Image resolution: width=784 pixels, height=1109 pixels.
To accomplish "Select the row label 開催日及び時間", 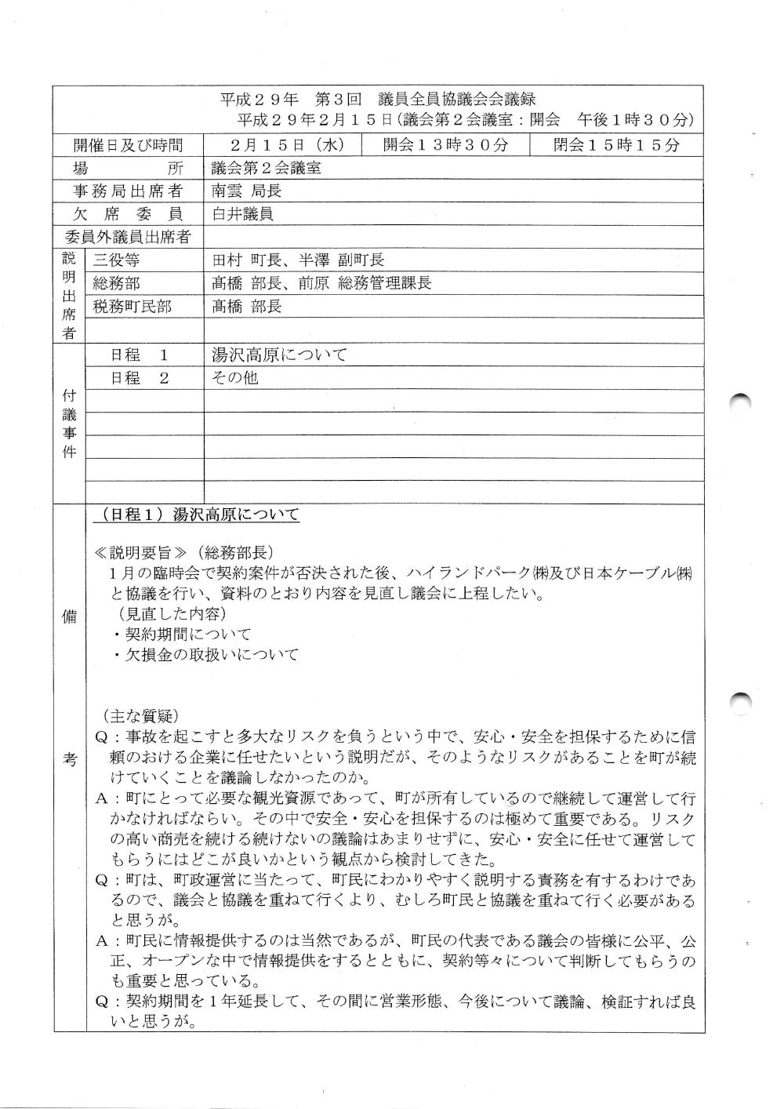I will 128,145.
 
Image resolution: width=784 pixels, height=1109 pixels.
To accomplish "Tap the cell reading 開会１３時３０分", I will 445,145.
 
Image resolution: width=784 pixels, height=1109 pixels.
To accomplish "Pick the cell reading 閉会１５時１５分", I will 616,145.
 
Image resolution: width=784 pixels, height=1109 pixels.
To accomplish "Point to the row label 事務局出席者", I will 128,191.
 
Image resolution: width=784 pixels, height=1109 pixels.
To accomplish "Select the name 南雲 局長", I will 246,191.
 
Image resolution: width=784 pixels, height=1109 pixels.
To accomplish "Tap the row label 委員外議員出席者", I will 128,237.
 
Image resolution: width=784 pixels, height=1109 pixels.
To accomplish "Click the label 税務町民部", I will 132,307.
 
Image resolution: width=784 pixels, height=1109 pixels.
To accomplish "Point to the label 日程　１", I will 139,355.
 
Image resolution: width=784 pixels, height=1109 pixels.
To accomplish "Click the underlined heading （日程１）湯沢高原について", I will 201,515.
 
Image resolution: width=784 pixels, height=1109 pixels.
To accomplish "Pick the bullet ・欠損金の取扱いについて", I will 205,654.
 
